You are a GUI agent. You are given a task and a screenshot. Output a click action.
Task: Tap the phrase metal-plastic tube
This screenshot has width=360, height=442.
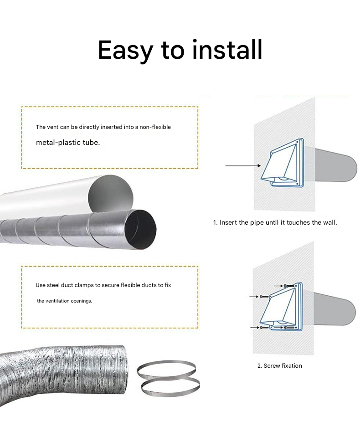point(68,143)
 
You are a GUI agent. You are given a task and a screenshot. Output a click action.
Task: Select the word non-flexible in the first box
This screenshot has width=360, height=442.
point(155,127)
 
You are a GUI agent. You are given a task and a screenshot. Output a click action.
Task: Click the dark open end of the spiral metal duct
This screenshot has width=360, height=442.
point(140,230)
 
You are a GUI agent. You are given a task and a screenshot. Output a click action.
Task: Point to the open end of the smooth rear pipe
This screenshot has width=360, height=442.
point(111,195)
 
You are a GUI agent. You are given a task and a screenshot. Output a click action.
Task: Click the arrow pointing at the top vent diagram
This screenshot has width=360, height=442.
point(243,166)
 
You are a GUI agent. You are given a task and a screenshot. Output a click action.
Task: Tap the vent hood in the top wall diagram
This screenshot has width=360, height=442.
point(282,163)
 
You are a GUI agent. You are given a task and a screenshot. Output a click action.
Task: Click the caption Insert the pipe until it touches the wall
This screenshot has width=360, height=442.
point(275,222)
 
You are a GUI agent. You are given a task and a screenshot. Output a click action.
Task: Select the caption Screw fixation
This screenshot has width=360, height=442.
point(280,365)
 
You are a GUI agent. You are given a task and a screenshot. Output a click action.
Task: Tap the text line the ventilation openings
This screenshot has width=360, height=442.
point(64,301)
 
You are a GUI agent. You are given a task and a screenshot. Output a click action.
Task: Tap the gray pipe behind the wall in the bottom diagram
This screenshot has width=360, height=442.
point(334,309)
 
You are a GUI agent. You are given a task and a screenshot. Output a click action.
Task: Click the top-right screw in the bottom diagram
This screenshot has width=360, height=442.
point(289,286)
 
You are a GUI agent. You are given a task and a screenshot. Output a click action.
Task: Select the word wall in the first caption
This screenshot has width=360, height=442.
point(330,222)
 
